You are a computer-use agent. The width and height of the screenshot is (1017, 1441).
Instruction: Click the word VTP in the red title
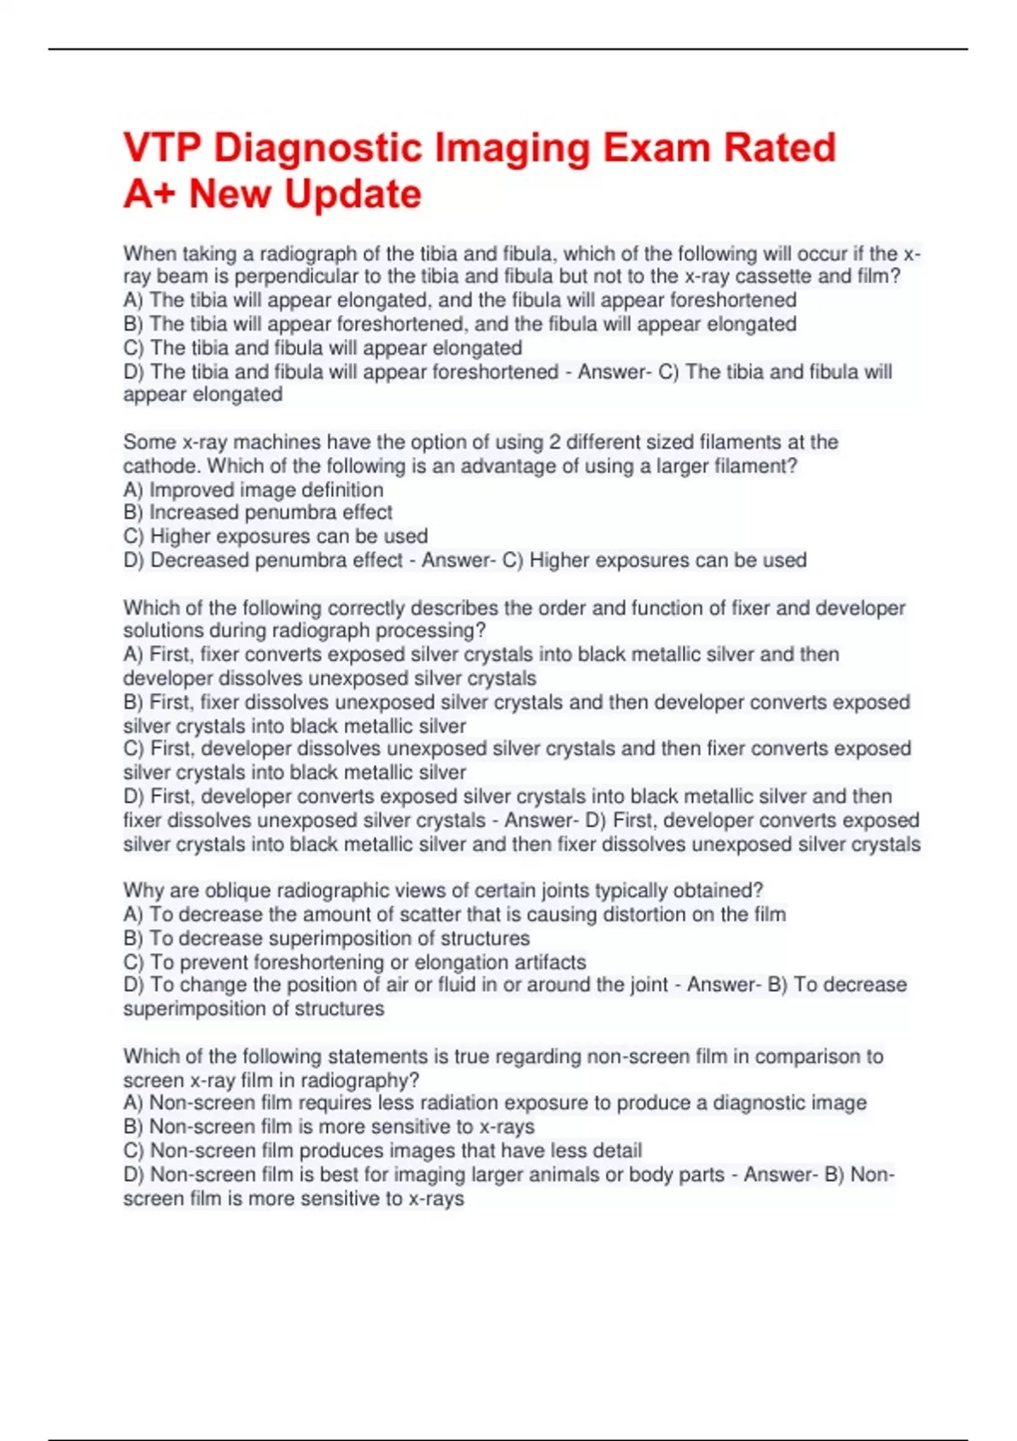(162, 147)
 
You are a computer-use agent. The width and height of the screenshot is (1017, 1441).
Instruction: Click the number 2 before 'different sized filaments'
(554, 442)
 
